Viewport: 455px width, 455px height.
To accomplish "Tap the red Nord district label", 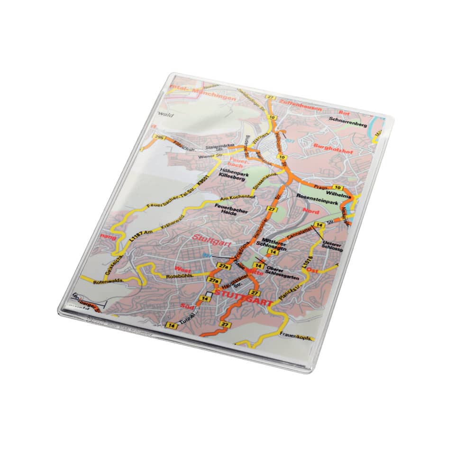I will tap(311, 211).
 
